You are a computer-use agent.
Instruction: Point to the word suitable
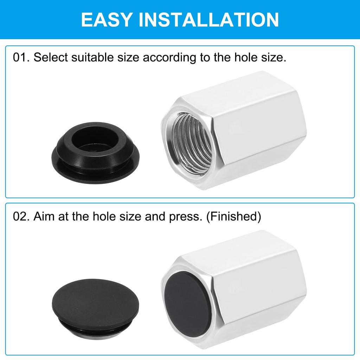point(89,57)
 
